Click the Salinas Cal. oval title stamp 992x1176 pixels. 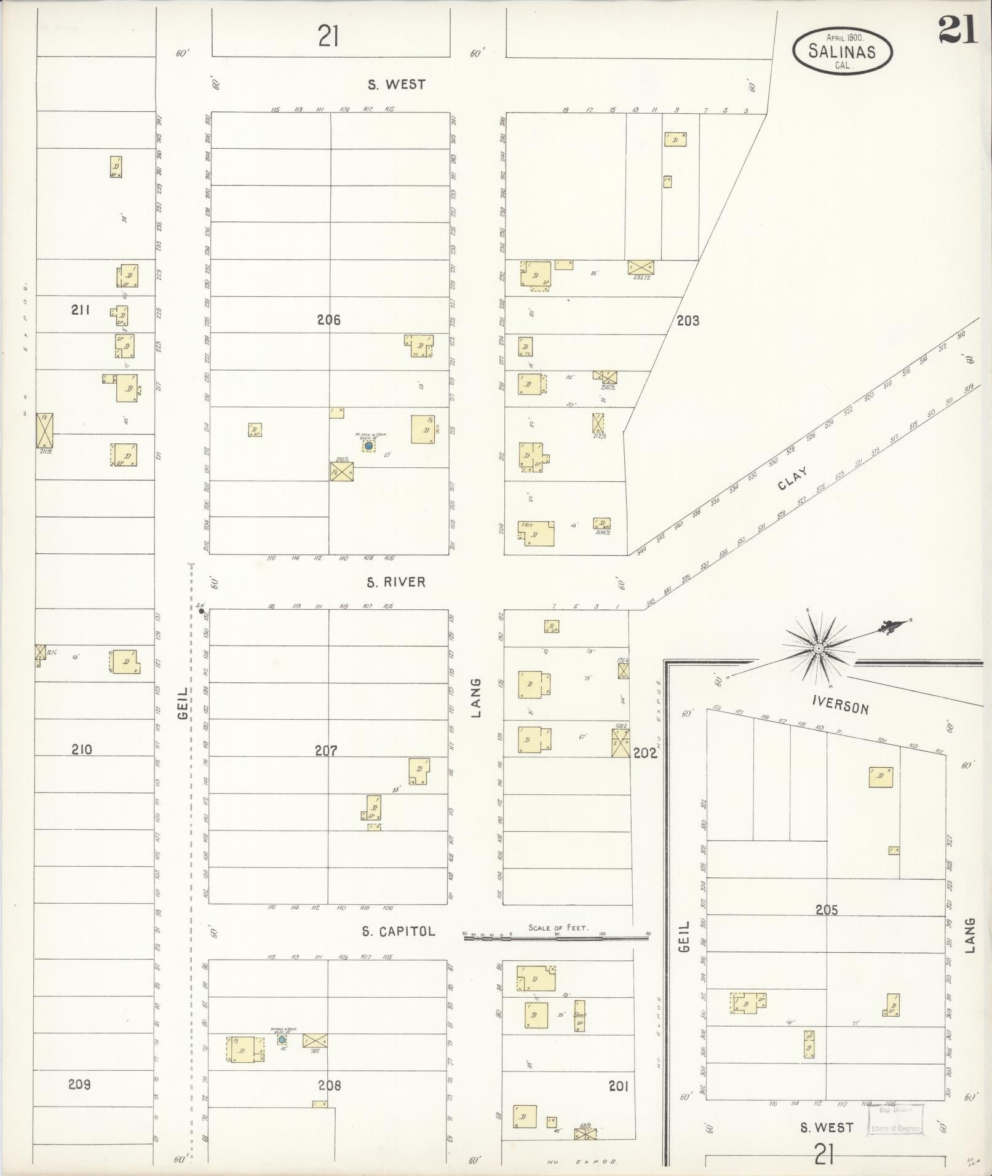842,52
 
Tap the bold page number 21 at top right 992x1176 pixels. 958,30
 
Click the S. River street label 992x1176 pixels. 396,582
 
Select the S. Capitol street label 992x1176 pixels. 398,931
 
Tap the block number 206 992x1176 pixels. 328,320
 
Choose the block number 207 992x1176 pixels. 326,751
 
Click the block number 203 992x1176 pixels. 688,320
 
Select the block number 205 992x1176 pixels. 826,910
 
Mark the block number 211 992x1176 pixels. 80,310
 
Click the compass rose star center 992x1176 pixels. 819,649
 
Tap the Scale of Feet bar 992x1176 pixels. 556,938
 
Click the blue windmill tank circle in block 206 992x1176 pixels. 368,445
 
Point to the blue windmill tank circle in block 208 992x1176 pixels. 282,1040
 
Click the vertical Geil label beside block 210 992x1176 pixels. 183,704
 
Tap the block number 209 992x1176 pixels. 79,1084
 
